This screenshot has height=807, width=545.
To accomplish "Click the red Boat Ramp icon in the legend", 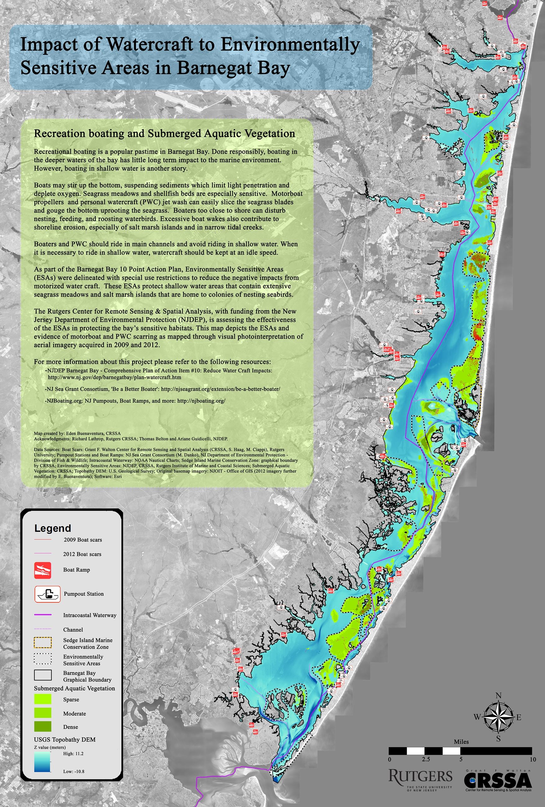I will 43,570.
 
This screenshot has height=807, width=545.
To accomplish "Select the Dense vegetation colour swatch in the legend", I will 43,726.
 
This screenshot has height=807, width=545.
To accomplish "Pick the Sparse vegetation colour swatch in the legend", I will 43,699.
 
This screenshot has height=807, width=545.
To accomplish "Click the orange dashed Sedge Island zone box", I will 43,643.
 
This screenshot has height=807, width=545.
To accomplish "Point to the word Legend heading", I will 52,528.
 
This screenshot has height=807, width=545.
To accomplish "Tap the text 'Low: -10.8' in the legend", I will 73,771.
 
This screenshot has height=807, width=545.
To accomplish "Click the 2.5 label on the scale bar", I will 426,759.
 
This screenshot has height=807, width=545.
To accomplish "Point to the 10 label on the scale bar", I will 533,759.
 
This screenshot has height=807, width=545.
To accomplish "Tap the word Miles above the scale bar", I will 461,742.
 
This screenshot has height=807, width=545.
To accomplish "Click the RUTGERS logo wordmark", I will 420,776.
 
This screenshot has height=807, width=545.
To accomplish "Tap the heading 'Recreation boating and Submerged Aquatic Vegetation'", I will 164,133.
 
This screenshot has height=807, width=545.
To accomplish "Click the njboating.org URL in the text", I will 201,400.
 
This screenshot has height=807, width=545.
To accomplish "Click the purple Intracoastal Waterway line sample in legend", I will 43,615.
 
